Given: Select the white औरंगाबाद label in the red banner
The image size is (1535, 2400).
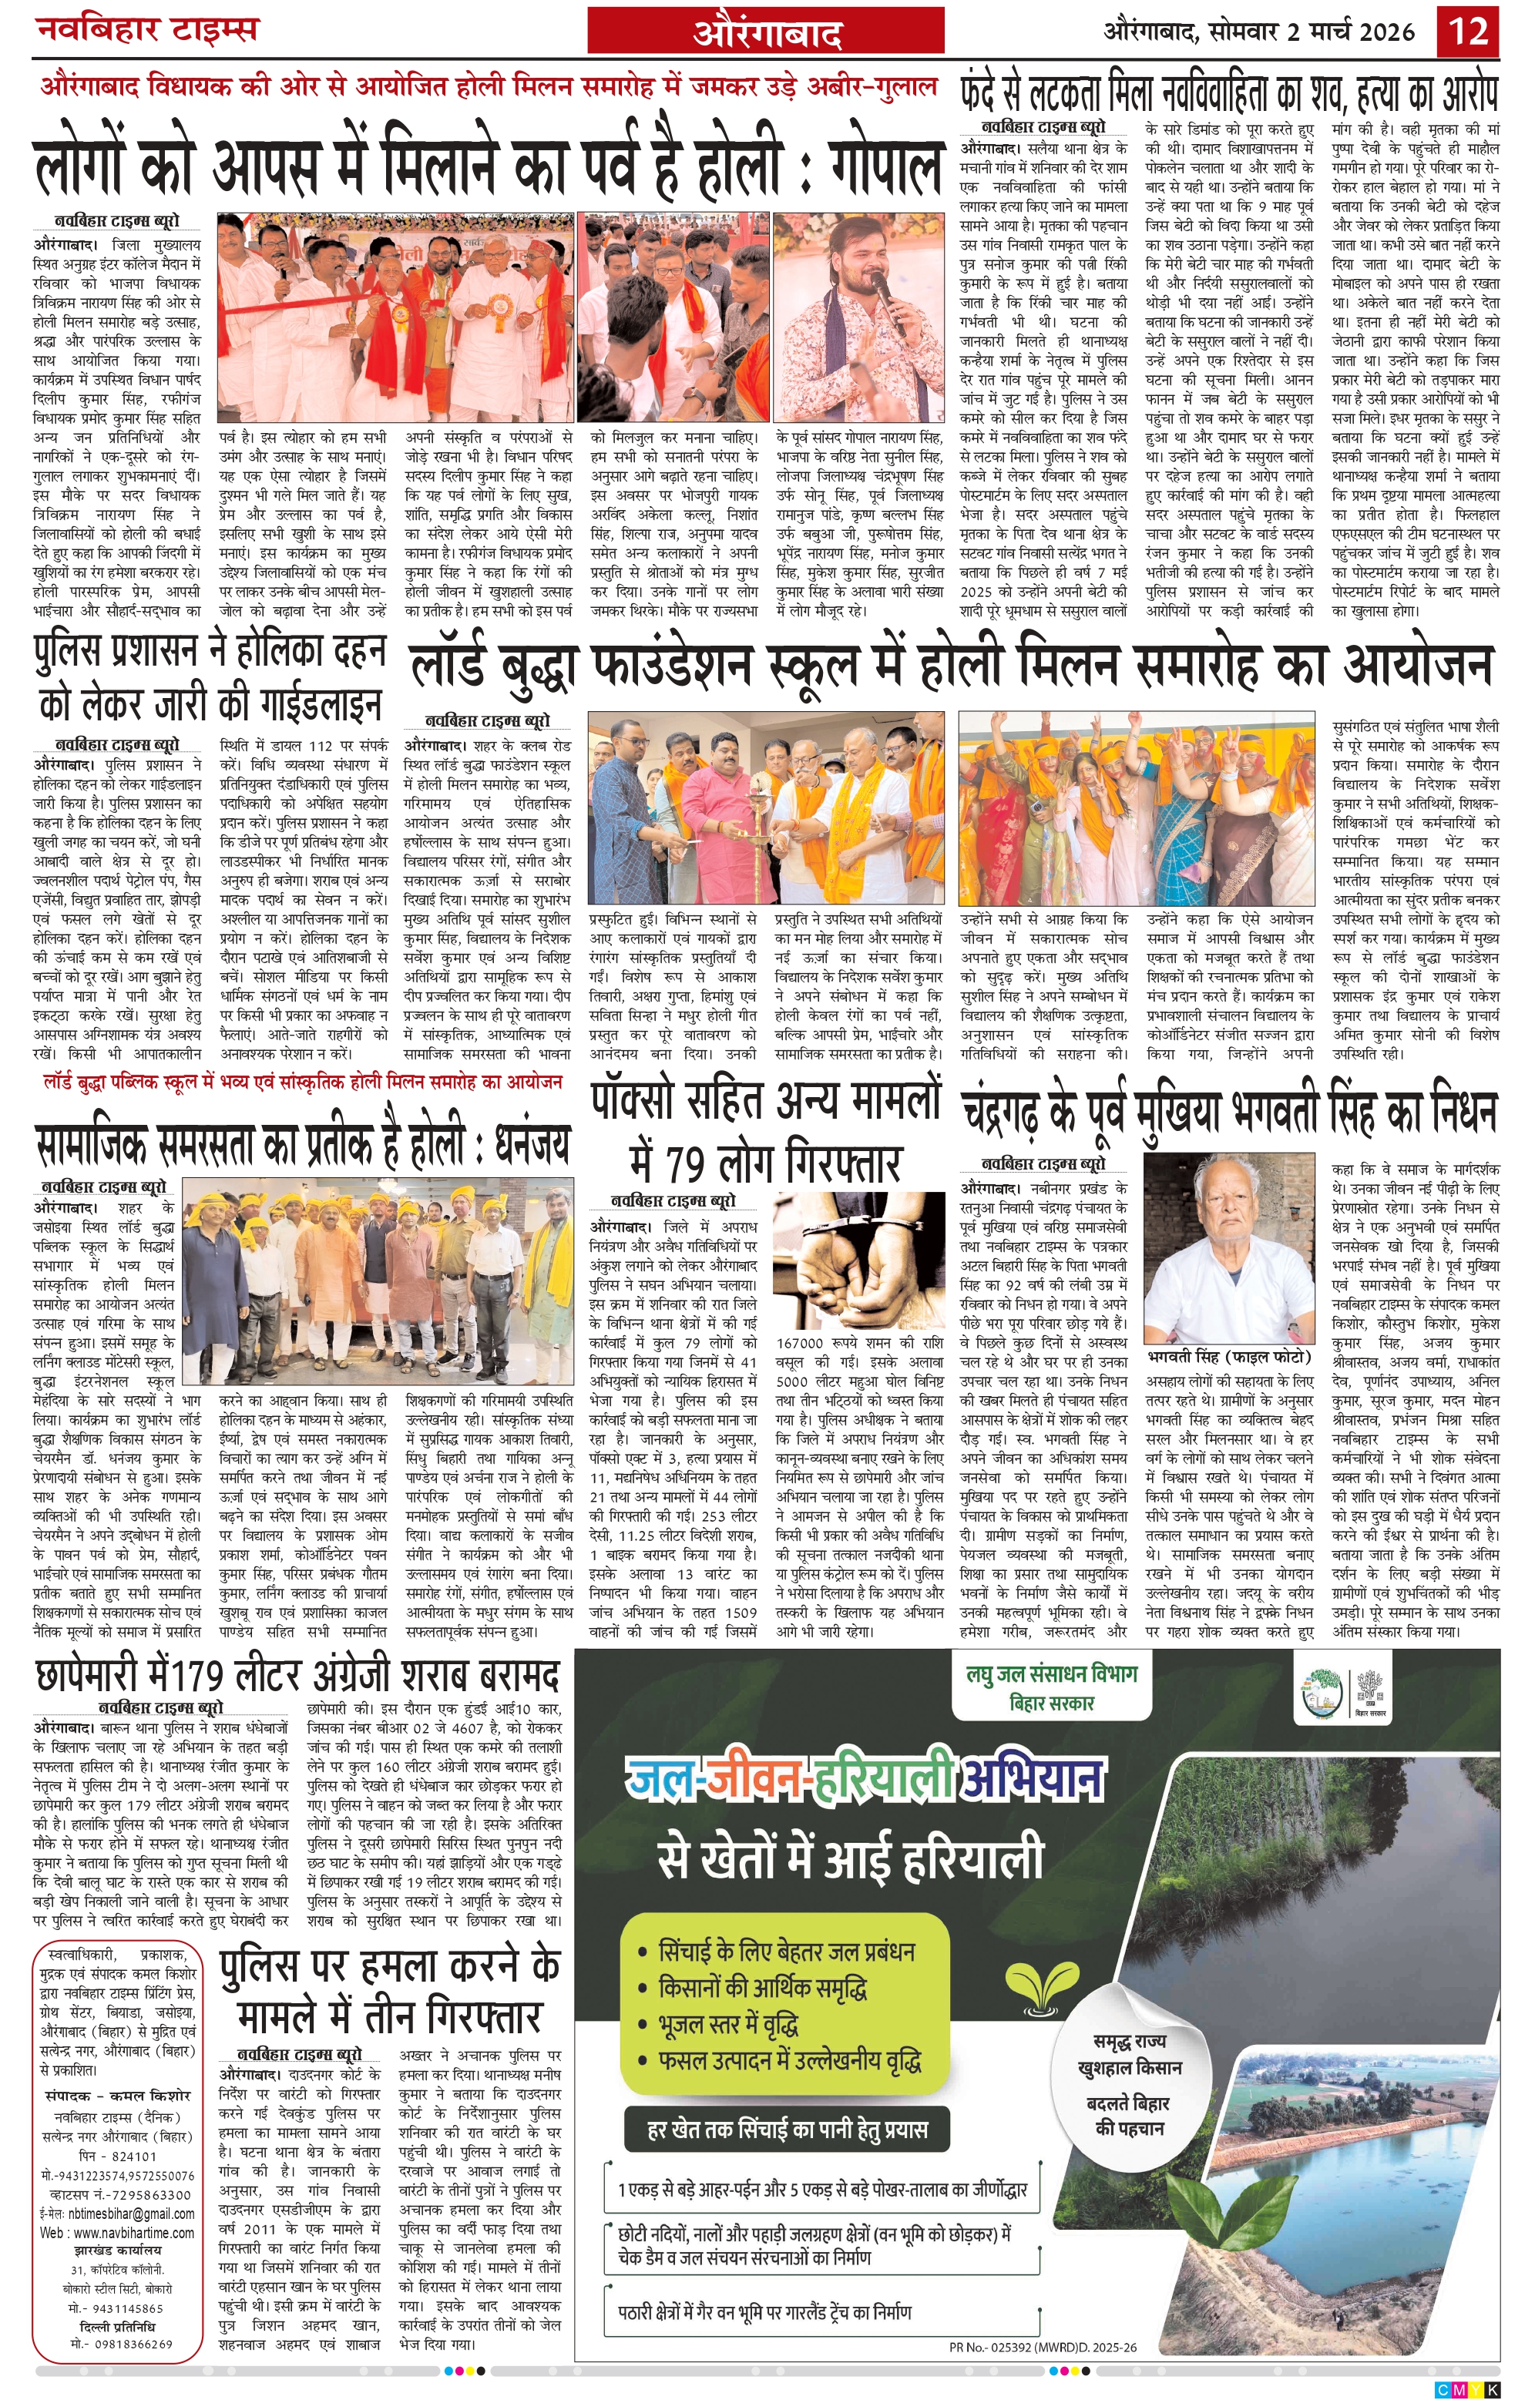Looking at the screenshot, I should click(x=767, y=33).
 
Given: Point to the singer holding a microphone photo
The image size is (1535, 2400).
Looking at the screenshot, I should click(x=858, y=318).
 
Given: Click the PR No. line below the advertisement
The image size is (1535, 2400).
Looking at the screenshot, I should click(x=1042, y=2347).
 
